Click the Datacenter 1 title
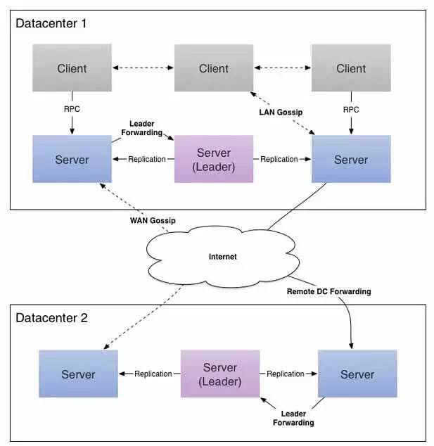tap(51, 23)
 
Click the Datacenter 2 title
tap(51, 317)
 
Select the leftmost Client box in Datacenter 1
tap(72, 68)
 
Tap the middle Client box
tap(213, 68)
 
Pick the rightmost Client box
tap(351, 68)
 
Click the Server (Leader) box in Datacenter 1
tap(213, 159)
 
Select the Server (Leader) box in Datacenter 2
tap(220, 374)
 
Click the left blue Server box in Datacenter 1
tap(72, 160)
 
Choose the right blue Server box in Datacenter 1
tap(351, 160)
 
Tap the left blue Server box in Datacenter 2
tap(78, 374)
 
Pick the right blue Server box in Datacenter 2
tap(357, 374)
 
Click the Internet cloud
tap(222, 257)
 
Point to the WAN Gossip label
tap(152, 221)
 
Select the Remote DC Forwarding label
tap(328, 291)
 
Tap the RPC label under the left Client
tap(72, 109)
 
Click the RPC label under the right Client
tap(350, 109)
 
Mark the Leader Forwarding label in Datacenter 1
tap(146, 128)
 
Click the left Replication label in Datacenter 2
tap(153, 374)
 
